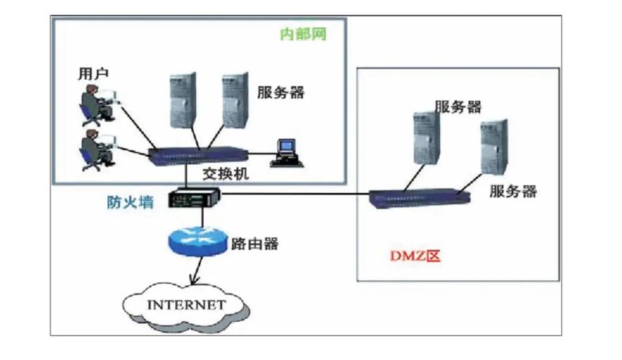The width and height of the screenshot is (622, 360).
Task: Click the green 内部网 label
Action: [x=302, y=35]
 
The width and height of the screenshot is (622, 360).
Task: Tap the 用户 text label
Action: [x=94, y=73]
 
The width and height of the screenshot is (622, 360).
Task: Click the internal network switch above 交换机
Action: [x=197, y=153]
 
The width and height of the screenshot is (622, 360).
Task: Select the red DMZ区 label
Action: [x=409, y=256]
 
